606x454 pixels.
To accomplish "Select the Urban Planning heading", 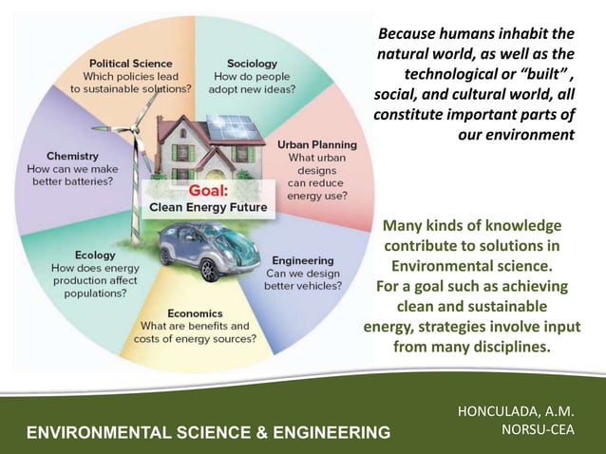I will tap(316, 144).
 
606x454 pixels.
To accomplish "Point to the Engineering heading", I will tap(302, 260).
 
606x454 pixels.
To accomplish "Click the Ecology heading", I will tap(73, 255).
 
